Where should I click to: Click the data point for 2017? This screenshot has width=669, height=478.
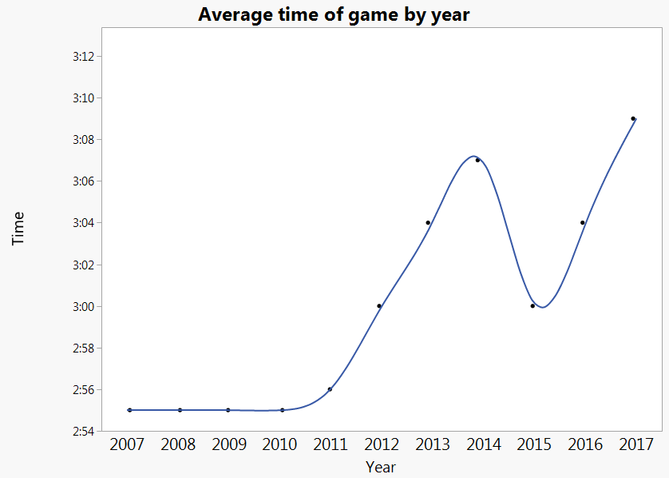632,118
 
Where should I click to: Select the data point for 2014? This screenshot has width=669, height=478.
477,160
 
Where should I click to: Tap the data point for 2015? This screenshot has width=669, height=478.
532,305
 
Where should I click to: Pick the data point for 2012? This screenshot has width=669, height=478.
379,305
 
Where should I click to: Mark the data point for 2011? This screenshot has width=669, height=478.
330,389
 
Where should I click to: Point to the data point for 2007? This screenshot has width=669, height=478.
129,410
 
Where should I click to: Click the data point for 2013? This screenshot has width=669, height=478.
428,222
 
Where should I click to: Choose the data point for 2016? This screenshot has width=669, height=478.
582,222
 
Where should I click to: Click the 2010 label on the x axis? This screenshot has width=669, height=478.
280,444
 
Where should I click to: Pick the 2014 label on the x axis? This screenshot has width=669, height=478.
484,444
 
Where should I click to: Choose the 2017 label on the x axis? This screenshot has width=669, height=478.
636,444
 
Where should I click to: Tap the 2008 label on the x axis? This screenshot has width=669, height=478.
178,444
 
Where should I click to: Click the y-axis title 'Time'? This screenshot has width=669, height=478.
18,228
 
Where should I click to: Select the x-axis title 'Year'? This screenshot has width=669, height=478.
381,466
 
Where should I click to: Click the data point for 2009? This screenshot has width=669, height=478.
228,410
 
